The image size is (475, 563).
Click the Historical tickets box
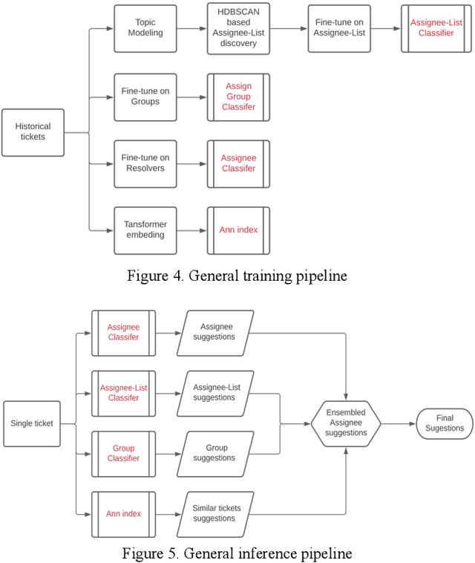(33, 132)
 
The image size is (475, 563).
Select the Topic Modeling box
(145, 29)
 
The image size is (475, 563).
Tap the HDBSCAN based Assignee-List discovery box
(238, 29)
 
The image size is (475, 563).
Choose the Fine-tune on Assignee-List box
(339, 29)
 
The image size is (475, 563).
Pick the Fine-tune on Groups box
(145, 97)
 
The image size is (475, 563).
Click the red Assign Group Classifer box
(238, 97)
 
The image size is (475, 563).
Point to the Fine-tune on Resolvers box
(145, 163)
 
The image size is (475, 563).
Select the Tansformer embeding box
(145, 230)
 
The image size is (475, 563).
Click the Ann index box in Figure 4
(238, 230)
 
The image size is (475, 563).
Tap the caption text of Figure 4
(237, 276)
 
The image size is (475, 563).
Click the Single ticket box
(32, 423)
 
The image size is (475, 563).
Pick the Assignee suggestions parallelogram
(214, 332)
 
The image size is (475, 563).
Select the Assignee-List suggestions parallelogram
(214, 392)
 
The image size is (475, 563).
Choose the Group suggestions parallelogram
(214, 453)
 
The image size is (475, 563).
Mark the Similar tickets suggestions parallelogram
(214, 513)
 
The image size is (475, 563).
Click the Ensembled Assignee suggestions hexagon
(345, 423)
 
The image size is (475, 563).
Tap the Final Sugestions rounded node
(445, 423)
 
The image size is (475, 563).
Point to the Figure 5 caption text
(237, 553)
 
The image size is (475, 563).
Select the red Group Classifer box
(123, 453)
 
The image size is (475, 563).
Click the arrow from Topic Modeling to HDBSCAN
(191, 29)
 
